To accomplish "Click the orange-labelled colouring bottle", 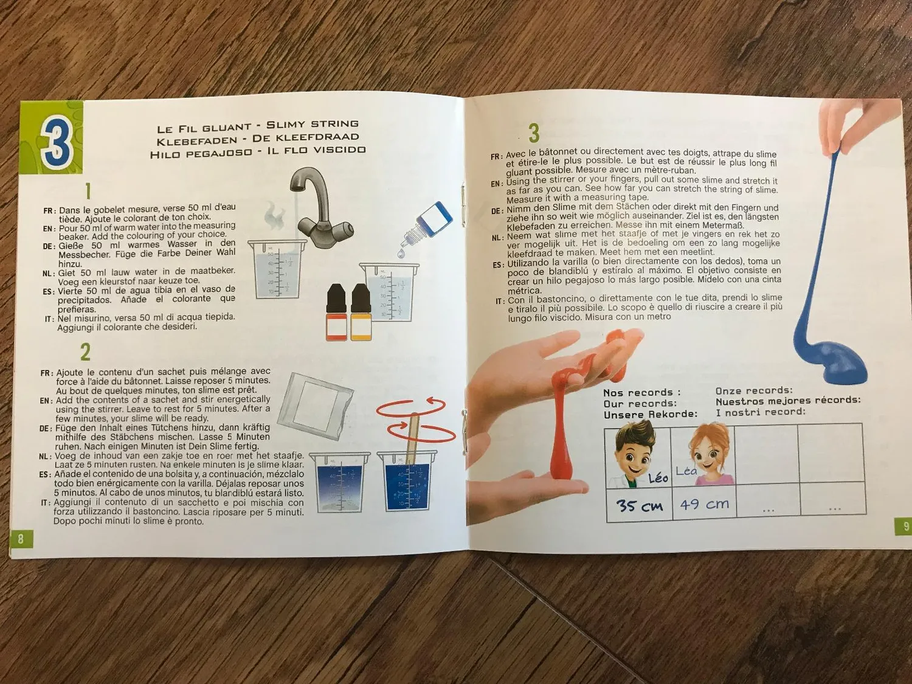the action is click(x=337, y=312).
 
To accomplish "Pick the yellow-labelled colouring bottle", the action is click(x=361, y=312).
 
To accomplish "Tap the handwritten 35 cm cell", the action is click(x=639, y=505).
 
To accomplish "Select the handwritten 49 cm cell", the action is click(x=704, y=504).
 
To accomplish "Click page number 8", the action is click(x=21, y=539).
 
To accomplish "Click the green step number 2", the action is click(x=85, y=352).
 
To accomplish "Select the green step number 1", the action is click(x=88, y=192).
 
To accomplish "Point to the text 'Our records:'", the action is click(x=640, y=403).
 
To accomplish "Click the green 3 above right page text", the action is click(x=534, y=133).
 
